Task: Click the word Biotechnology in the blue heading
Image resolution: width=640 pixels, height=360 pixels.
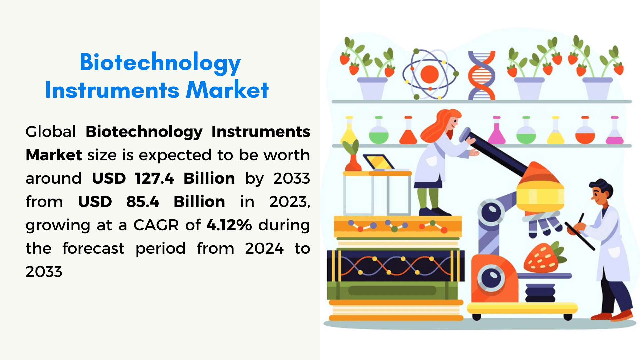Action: click(x=160, y=63)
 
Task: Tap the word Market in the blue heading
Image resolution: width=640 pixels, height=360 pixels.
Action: click(x=227, y=90)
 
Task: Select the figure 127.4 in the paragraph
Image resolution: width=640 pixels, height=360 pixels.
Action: click(x=155, y=178)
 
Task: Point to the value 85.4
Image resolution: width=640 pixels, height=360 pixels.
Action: click(x=143, y=202)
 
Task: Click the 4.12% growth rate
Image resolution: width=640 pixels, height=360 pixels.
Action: click(x=229, y=225)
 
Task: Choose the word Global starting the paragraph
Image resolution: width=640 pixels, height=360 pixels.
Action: click(x=51, y=132)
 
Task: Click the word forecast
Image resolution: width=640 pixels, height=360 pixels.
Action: click(x=93, y=249)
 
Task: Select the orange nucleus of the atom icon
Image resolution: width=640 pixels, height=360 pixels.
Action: click(x=429, y=74)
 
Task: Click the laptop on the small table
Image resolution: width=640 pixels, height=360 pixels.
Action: click(x=378, y=162)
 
